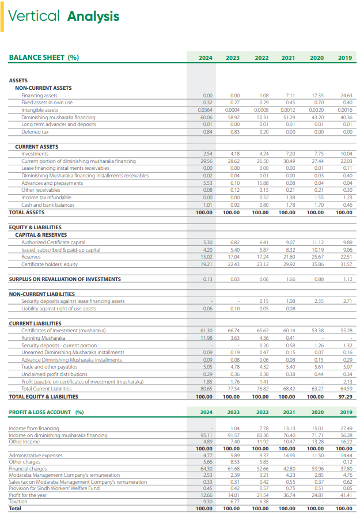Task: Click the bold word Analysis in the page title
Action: point(93,17)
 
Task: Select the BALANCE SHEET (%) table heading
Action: point(44,58)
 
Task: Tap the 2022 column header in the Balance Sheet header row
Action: point(261,58)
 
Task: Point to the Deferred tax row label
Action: point(35,131)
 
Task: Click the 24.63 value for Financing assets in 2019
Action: point(346,95)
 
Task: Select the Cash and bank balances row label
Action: point(48,204)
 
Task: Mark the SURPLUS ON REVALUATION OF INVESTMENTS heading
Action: point(65,279)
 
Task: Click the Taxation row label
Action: point(19,501)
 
